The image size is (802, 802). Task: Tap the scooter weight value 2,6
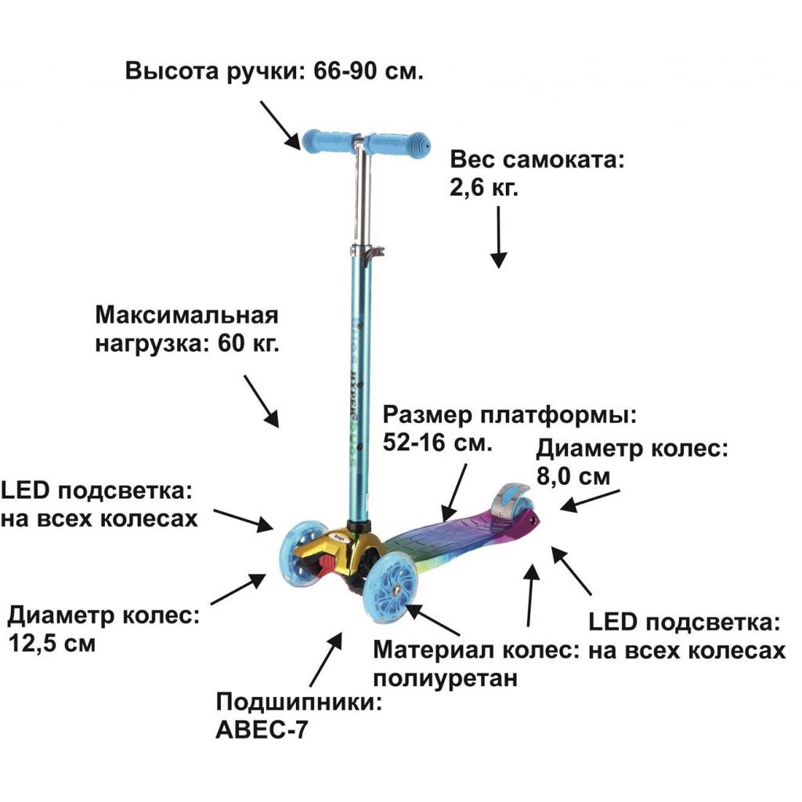pos(470,189)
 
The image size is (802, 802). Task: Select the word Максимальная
pos(187,316)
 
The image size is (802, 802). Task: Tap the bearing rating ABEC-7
pos(262,730)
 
